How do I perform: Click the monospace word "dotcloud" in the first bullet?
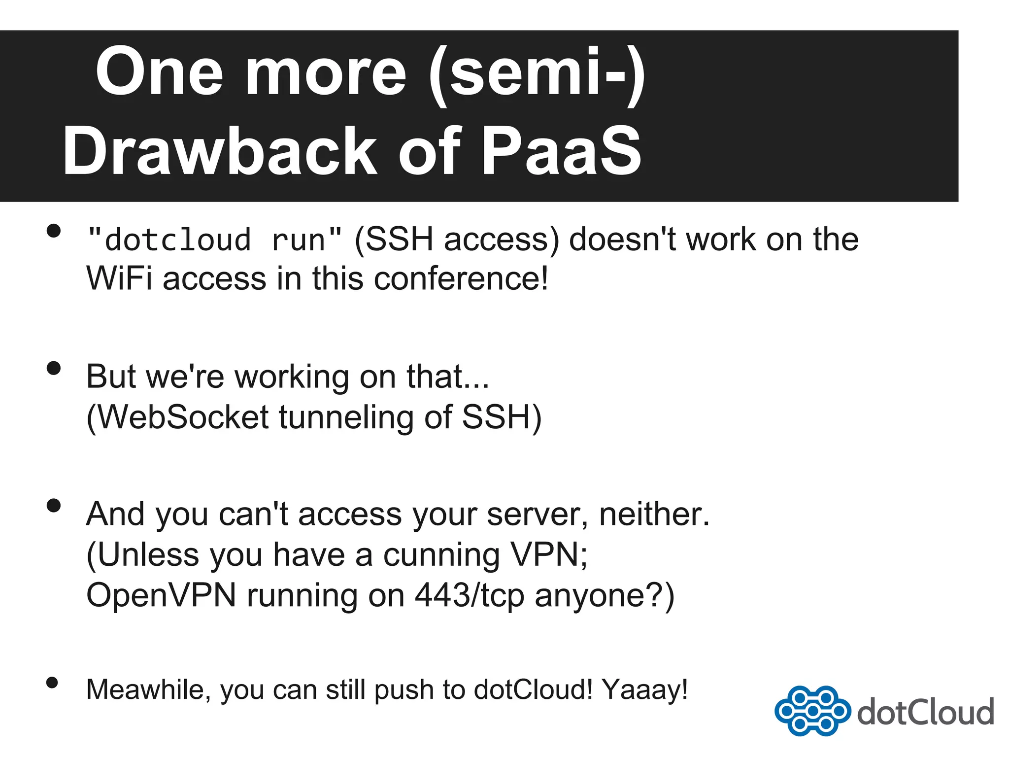pos(178,241)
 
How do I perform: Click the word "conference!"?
pos(461,279)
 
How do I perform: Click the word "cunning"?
pos(441,555)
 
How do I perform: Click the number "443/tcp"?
pos(469,595)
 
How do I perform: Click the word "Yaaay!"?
pos(645,689)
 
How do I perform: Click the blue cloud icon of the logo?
pos(812,711)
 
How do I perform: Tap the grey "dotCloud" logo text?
pos(925,712)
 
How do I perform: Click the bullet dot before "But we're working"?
pos(53,368)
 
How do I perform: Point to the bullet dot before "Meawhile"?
pos(52,683)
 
